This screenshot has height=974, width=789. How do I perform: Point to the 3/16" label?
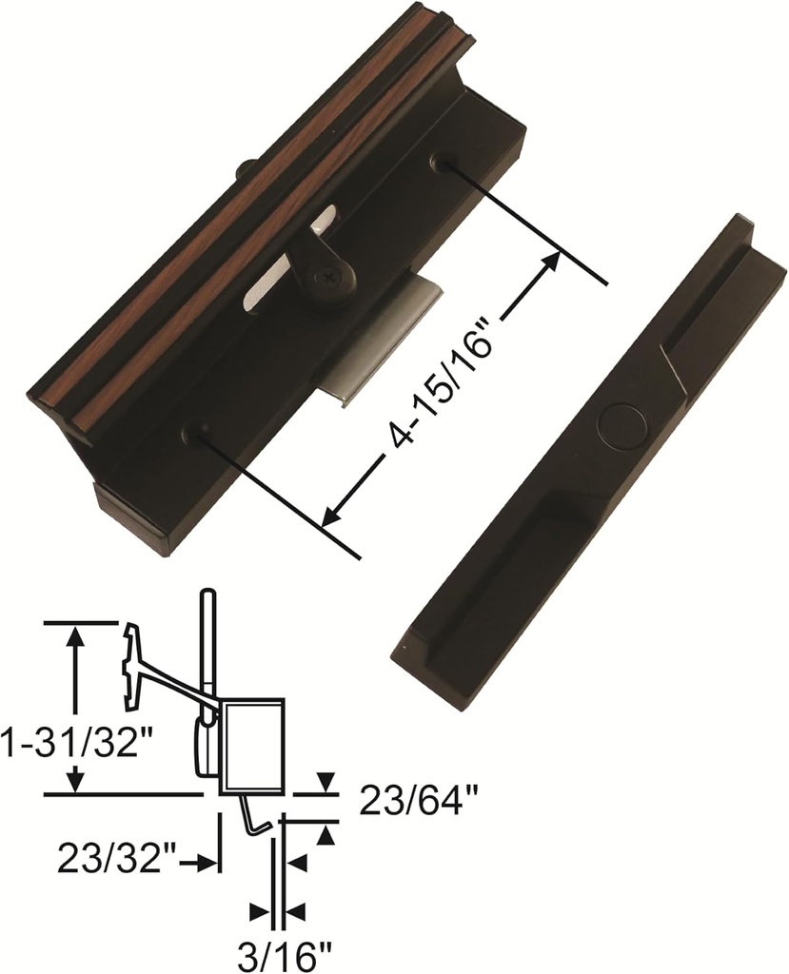pyautogui.click(x=278, y=951)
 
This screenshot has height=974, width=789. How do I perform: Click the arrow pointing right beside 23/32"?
pyautogui.click(x=204, y=863)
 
